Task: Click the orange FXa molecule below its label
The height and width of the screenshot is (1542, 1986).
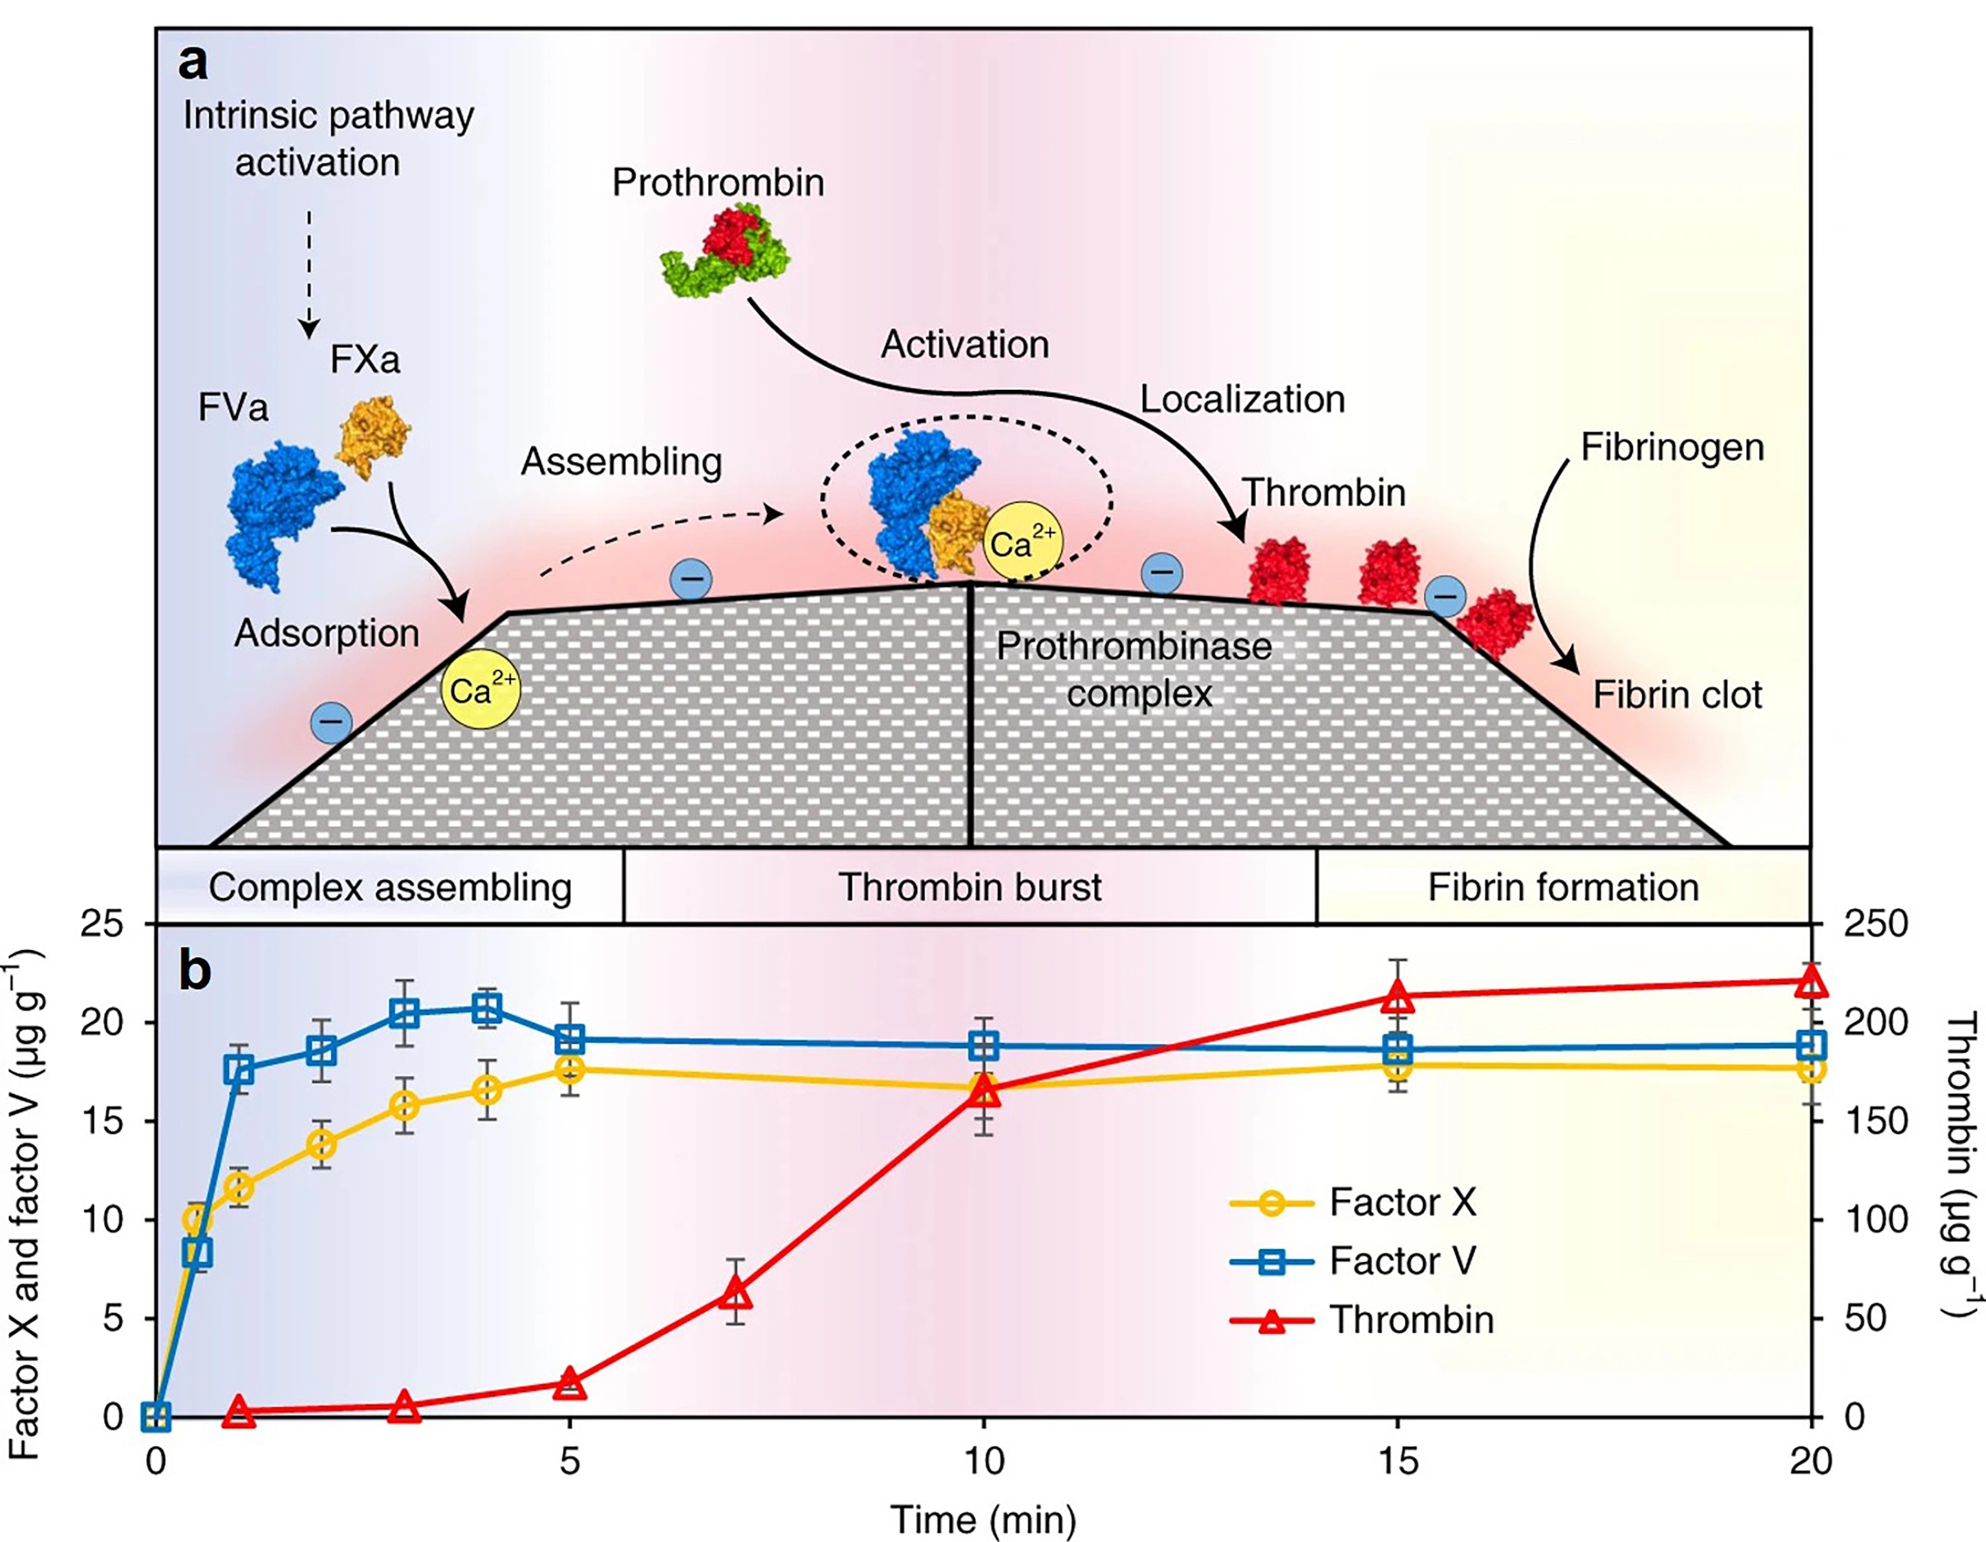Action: pos(374,436)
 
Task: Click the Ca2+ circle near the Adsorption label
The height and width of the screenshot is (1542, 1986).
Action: pos(481,689)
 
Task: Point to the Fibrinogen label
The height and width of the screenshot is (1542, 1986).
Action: pos(1672,447)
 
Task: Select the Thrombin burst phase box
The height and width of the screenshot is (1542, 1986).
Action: pos(970,886)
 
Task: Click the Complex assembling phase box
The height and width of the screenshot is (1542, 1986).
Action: pos(390,886)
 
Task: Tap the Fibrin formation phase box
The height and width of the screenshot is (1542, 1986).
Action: pos(1563,886)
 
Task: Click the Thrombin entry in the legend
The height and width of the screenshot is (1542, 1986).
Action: pos(1362,1319)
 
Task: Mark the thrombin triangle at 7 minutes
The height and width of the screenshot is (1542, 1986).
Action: pos(736,1293)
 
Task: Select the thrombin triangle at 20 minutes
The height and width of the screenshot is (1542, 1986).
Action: pos(1811,981)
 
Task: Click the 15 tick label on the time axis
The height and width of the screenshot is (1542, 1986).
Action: pos(1398,1461)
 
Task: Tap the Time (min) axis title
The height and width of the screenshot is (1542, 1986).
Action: pos(983,1518)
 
